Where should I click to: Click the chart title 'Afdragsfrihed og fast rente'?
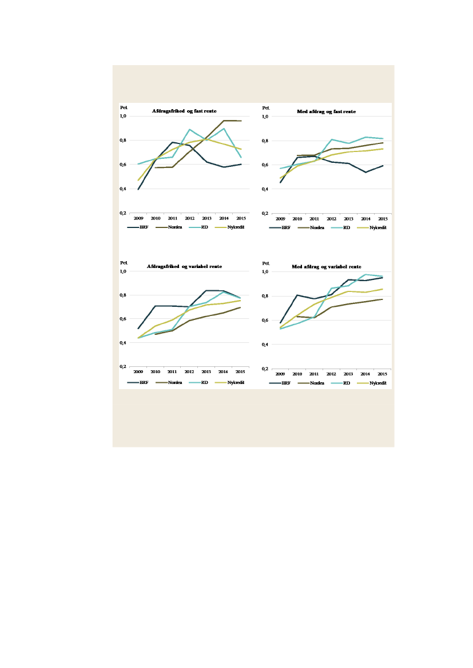pyautogui.click(x=184, y=111)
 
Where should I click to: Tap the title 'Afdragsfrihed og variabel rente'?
pyautogui.click(x=184, y=266)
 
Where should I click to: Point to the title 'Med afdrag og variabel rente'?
pyautogui.click(x=326, y=267)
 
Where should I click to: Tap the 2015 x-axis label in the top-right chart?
pyautogui.click(x=383, y=218)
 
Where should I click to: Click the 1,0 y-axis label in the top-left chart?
pyautogui.click(x=122, y=117)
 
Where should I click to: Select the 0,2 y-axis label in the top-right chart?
pyautogui.click(x=265, y=213)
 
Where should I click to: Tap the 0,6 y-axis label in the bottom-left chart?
pyautogui.click(x=122, y=319)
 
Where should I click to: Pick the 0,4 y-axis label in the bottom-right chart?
pyautogui.click(x=265, y=345)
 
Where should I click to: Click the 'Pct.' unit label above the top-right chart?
pyautogui.click(x=265, y=107)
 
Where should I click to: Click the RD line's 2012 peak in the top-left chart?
pyautogui.click(x=190, y=129)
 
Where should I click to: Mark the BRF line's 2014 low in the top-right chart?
pyautogui.click(x=366, y=172)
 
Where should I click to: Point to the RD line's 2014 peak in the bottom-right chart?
pyautogui.click(x=366, y=274)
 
